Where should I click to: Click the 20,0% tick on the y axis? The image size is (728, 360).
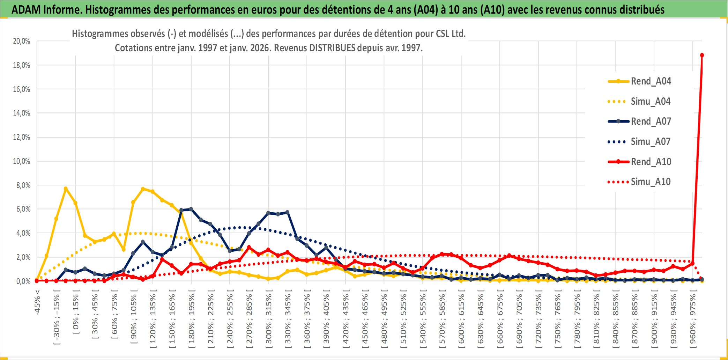pos(22,41)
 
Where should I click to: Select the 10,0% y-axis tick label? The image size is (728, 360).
pos(22,161)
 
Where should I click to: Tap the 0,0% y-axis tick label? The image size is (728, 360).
pos(23,281)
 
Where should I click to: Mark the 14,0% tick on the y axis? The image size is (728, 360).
pos(22,113)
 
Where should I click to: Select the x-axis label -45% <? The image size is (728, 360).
pos(37,302)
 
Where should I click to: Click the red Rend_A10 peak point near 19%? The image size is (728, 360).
pos(702,55)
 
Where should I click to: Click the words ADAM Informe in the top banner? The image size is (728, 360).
pos(45,10)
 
